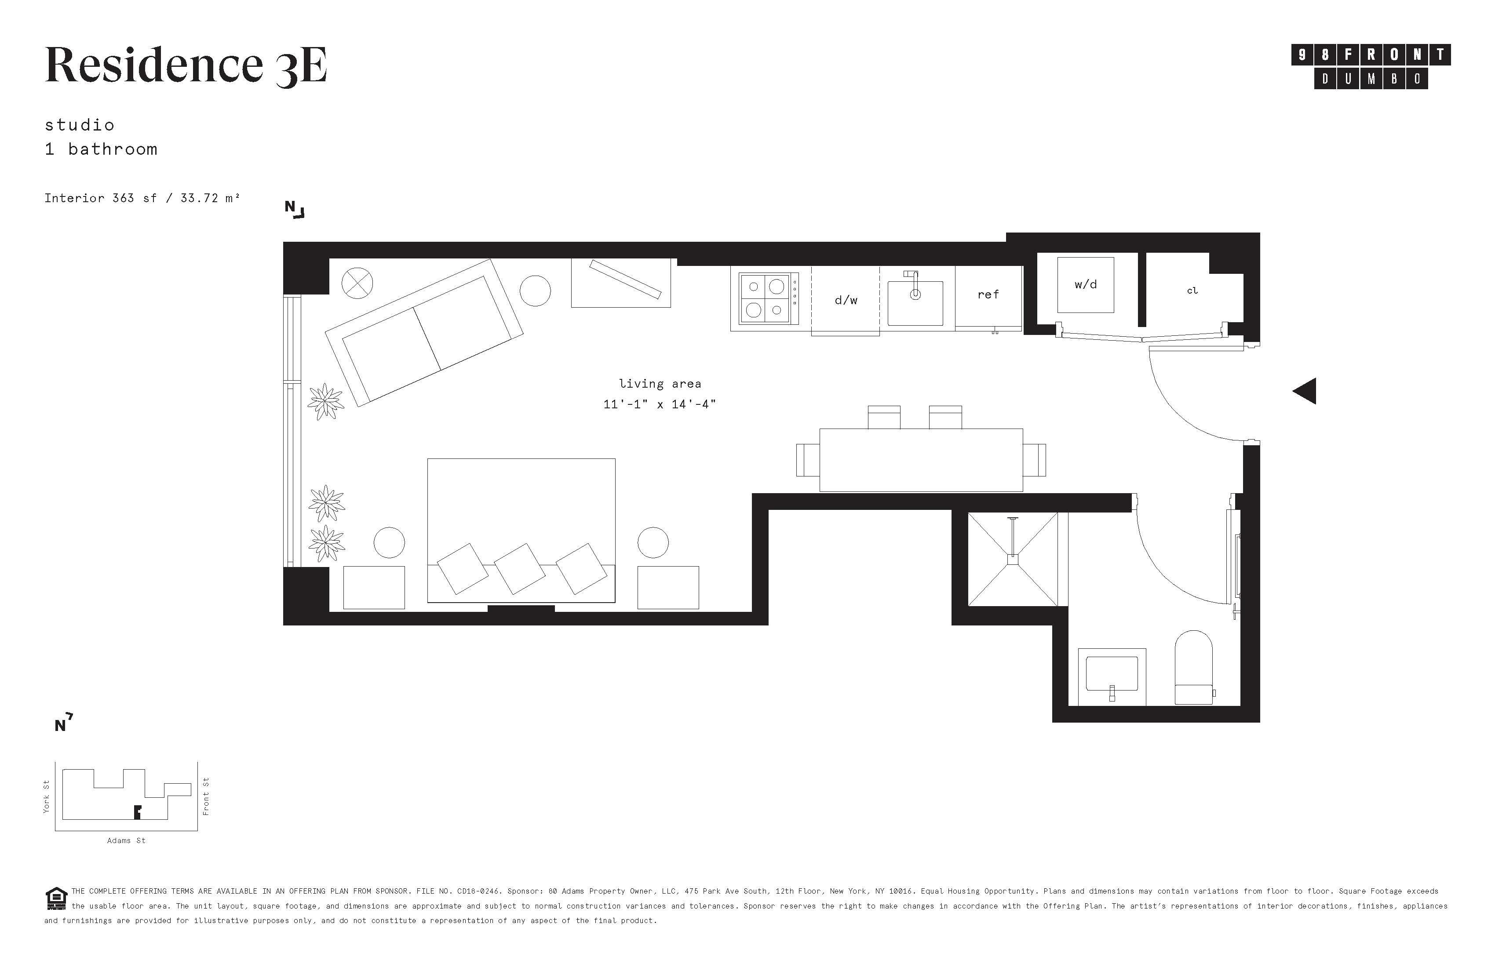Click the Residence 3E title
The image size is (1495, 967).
click(186, 65)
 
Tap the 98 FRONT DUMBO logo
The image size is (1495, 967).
click(1371, 66)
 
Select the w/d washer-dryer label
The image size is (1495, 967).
click(1086, 284)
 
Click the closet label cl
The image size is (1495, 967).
click(1192, 291)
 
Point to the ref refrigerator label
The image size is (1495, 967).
click(988, 294)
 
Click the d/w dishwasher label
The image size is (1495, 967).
click(846, 300)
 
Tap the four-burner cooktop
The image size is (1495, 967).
click(765, 299)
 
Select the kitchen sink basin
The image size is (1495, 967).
click(915, 303)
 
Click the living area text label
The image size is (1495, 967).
click(660, 384)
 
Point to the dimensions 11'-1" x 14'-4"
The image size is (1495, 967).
click(660, 404)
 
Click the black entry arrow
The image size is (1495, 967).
click(1304, 391)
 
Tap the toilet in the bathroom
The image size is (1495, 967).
click(1193, 668)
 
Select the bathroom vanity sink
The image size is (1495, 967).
click(1112, 676)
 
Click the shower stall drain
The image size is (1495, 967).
click(1013, 560)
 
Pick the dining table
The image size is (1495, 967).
click(921, 460)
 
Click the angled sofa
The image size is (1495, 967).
click(424, 333)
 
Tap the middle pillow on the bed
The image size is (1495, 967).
click(519, 569)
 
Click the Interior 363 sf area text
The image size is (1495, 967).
click(142, 198)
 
